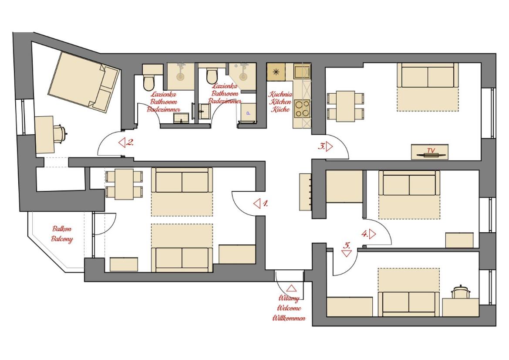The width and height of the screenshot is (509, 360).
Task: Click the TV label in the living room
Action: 431,150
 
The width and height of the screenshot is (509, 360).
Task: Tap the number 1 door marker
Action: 261,204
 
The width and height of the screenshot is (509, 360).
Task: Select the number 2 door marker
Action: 126,143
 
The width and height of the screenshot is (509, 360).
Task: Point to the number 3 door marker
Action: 325,146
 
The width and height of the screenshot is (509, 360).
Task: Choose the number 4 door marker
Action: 369,234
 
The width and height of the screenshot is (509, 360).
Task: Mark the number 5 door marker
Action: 347,249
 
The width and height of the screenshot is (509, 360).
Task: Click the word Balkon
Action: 62,229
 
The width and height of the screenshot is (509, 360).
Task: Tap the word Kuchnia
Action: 280,94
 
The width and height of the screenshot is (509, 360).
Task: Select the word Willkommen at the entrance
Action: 289,318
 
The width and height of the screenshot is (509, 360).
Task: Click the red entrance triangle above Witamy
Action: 291,289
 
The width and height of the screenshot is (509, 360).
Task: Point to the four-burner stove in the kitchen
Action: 302,109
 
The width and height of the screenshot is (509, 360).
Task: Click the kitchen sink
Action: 302,71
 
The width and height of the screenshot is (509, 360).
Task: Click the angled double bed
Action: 84,82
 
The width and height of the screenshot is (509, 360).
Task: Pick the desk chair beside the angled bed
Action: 61,133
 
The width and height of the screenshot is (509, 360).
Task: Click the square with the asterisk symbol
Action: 276,72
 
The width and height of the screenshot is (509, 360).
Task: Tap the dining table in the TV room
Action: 345,106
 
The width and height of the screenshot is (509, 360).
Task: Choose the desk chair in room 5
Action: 460,292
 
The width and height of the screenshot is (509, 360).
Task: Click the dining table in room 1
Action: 124,184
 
